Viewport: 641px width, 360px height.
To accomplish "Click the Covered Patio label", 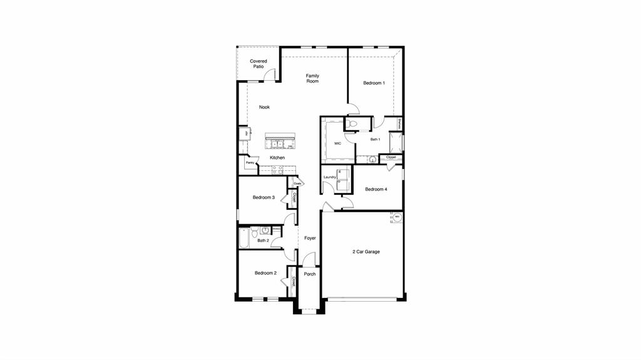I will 259,64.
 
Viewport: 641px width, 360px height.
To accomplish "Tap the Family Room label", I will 312,78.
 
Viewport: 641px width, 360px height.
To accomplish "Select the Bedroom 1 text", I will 374,83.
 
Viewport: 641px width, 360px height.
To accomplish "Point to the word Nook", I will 264,107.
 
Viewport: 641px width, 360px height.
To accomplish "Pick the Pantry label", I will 250,162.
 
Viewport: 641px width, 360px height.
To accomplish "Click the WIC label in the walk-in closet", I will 337,143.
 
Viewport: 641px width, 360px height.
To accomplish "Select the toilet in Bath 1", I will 352,123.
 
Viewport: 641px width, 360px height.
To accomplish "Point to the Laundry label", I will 330,177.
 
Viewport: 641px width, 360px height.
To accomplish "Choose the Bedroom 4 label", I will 376,189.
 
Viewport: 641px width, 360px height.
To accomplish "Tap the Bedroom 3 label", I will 264,197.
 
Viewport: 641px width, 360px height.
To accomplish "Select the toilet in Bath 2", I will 265,230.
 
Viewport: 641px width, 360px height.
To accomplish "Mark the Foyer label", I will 310,238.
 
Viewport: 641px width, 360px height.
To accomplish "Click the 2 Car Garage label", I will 365,252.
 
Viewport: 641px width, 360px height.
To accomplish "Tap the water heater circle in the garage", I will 397,217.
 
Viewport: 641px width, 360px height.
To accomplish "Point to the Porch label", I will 309,274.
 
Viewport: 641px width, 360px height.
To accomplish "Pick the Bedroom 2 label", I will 265,273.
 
